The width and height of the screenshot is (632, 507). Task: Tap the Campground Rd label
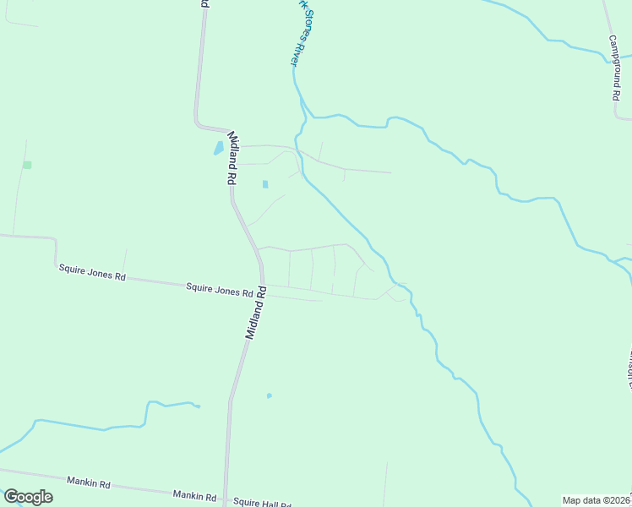coord(615,68)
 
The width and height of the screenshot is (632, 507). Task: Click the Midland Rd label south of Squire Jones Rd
coord(256,313)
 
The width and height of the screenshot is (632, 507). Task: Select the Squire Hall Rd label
coord(263,503)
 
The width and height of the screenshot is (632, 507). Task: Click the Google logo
coord(28,497)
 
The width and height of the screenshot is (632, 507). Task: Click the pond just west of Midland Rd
coord(218,149)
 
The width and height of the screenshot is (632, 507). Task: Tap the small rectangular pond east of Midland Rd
coord(265,184)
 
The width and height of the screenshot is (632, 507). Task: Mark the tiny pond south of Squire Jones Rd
coord(270,395)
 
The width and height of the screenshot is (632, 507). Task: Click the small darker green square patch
coord(27,165)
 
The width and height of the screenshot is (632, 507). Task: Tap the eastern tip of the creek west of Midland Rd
coord(199,407)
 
